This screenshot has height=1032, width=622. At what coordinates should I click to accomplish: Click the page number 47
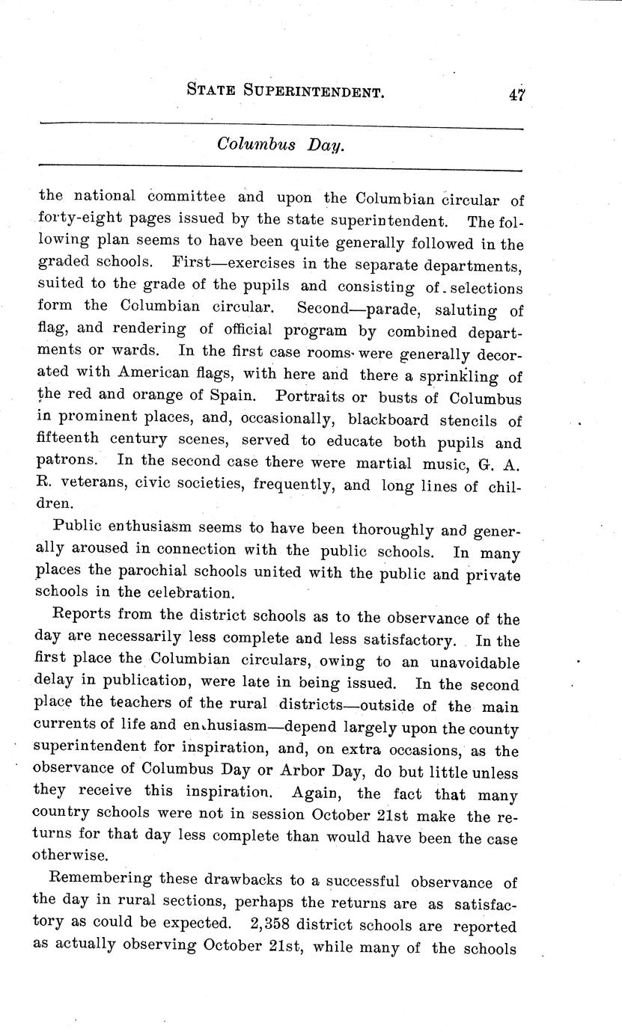[x=516, y=93]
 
